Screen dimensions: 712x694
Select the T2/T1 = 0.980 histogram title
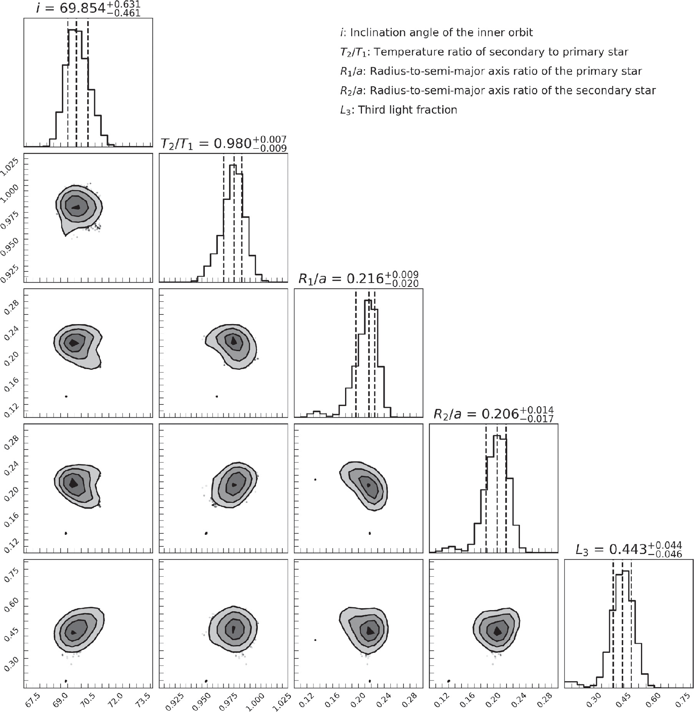(223, 144)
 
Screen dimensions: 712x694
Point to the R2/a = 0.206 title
(493, 414)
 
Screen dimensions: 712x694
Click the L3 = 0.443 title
(628, 550)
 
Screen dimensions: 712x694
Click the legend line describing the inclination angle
(436, 33)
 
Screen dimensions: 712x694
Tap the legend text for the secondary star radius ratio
(498, 91)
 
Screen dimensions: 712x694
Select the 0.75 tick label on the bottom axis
(681, 698)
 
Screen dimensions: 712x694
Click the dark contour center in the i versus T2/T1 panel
(76, 207)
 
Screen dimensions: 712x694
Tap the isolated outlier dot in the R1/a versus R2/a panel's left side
(315, 479)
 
